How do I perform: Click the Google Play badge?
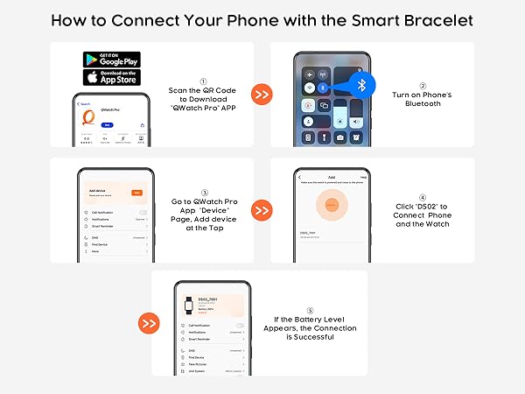pos(111,60)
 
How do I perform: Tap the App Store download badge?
pos(111,77)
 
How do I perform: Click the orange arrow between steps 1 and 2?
pos(261,94)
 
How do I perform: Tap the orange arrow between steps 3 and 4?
pos(261,210)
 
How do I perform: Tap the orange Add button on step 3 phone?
pos(136,192)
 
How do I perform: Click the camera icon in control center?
pos(340,137)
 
